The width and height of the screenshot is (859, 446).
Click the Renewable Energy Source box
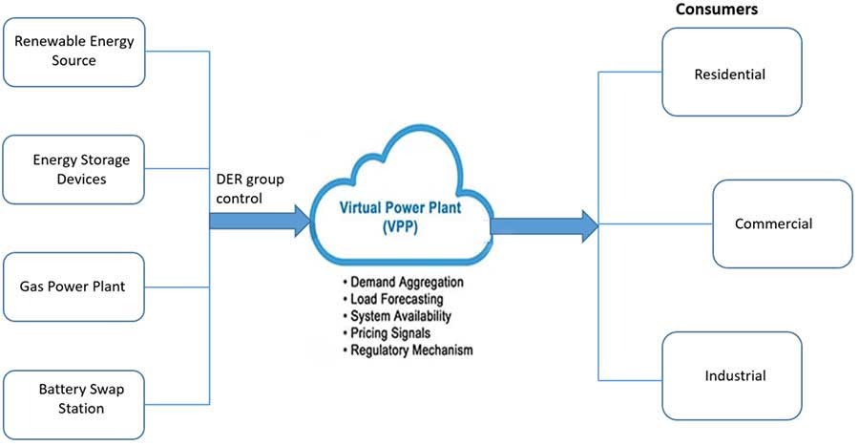(x=74, y=51)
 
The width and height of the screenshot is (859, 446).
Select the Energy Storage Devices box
(x=74, y=169)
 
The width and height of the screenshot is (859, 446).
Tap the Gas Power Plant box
(x=74, y=287)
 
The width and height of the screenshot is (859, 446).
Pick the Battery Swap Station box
(x=74, y=399)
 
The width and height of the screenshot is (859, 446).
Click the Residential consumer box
(x=731, y=73)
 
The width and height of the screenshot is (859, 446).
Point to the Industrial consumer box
(x=731, y=375)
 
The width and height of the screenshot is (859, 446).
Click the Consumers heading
(x=716, y=10)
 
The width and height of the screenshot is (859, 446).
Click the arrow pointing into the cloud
(x=260, y=221)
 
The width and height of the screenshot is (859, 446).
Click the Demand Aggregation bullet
(x=406, y=284)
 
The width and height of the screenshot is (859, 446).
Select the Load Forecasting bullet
(x=396, y=300)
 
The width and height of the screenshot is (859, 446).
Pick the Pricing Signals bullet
(x=391, y=333)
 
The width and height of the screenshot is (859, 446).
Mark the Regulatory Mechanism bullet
(x=411, y=350)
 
